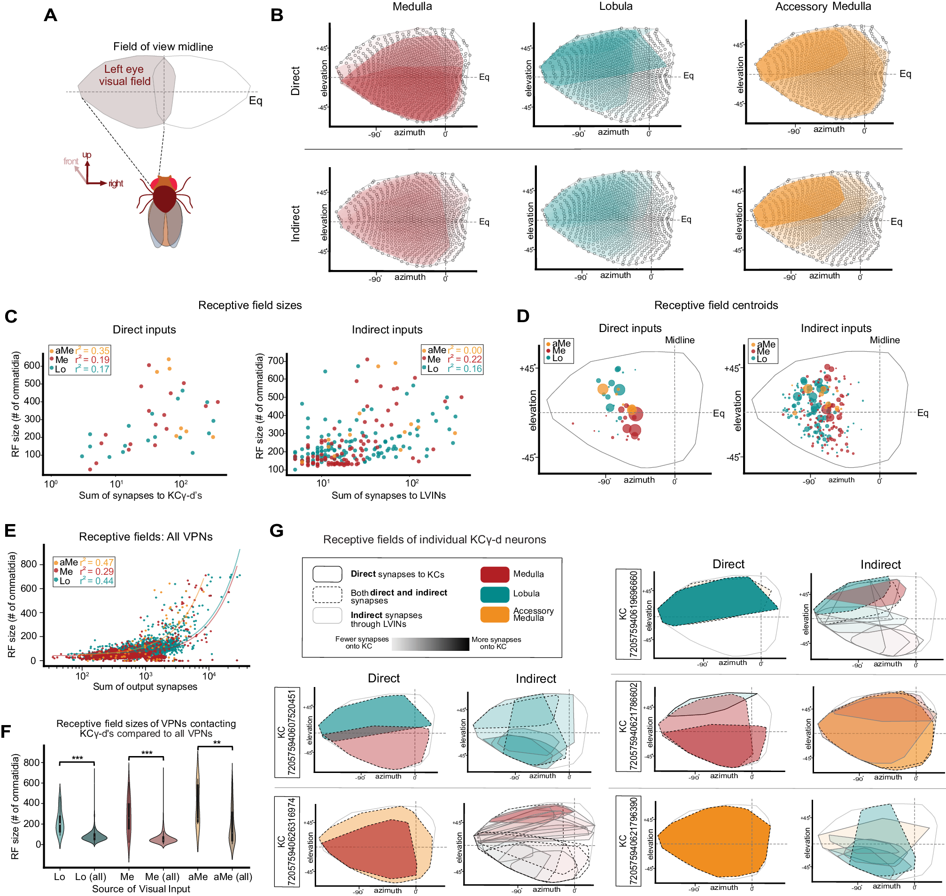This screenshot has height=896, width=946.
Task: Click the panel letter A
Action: (x=50, y=15)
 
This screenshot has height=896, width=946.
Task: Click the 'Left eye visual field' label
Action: (x=124, y=76)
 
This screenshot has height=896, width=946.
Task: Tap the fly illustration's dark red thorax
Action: (x=164, y=199)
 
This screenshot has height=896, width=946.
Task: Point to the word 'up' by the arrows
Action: (x=86, y=155)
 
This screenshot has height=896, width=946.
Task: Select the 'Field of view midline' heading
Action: (x=163, y=47)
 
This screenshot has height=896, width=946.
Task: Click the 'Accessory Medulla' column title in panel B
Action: (x=823, y=7)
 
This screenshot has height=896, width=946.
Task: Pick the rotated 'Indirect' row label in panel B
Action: (x=296, y=223)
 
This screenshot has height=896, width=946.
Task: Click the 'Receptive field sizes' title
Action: (x=250, y=305)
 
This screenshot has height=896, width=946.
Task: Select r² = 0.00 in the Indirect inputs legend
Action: (x=465, y=350)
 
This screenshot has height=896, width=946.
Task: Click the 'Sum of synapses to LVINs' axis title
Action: (x=388, y=495)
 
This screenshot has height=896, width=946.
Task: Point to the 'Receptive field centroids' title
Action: (x=716, y=305)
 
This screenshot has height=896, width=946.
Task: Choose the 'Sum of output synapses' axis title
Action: (x=145, y=687)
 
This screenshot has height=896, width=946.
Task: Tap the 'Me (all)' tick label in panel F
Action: (x=162, y=876)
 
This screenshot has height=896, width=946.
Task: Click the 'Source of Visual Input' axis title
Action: (x=141, y=888)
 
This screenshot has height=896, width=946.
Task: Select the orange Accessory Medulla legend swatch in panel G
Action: (x=495, y=614)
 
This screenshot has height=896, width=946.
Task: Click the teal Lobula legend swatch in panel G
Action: (x=495, y=594)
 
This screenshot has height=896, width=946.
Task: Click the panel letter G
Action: (x=277, y=531)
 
